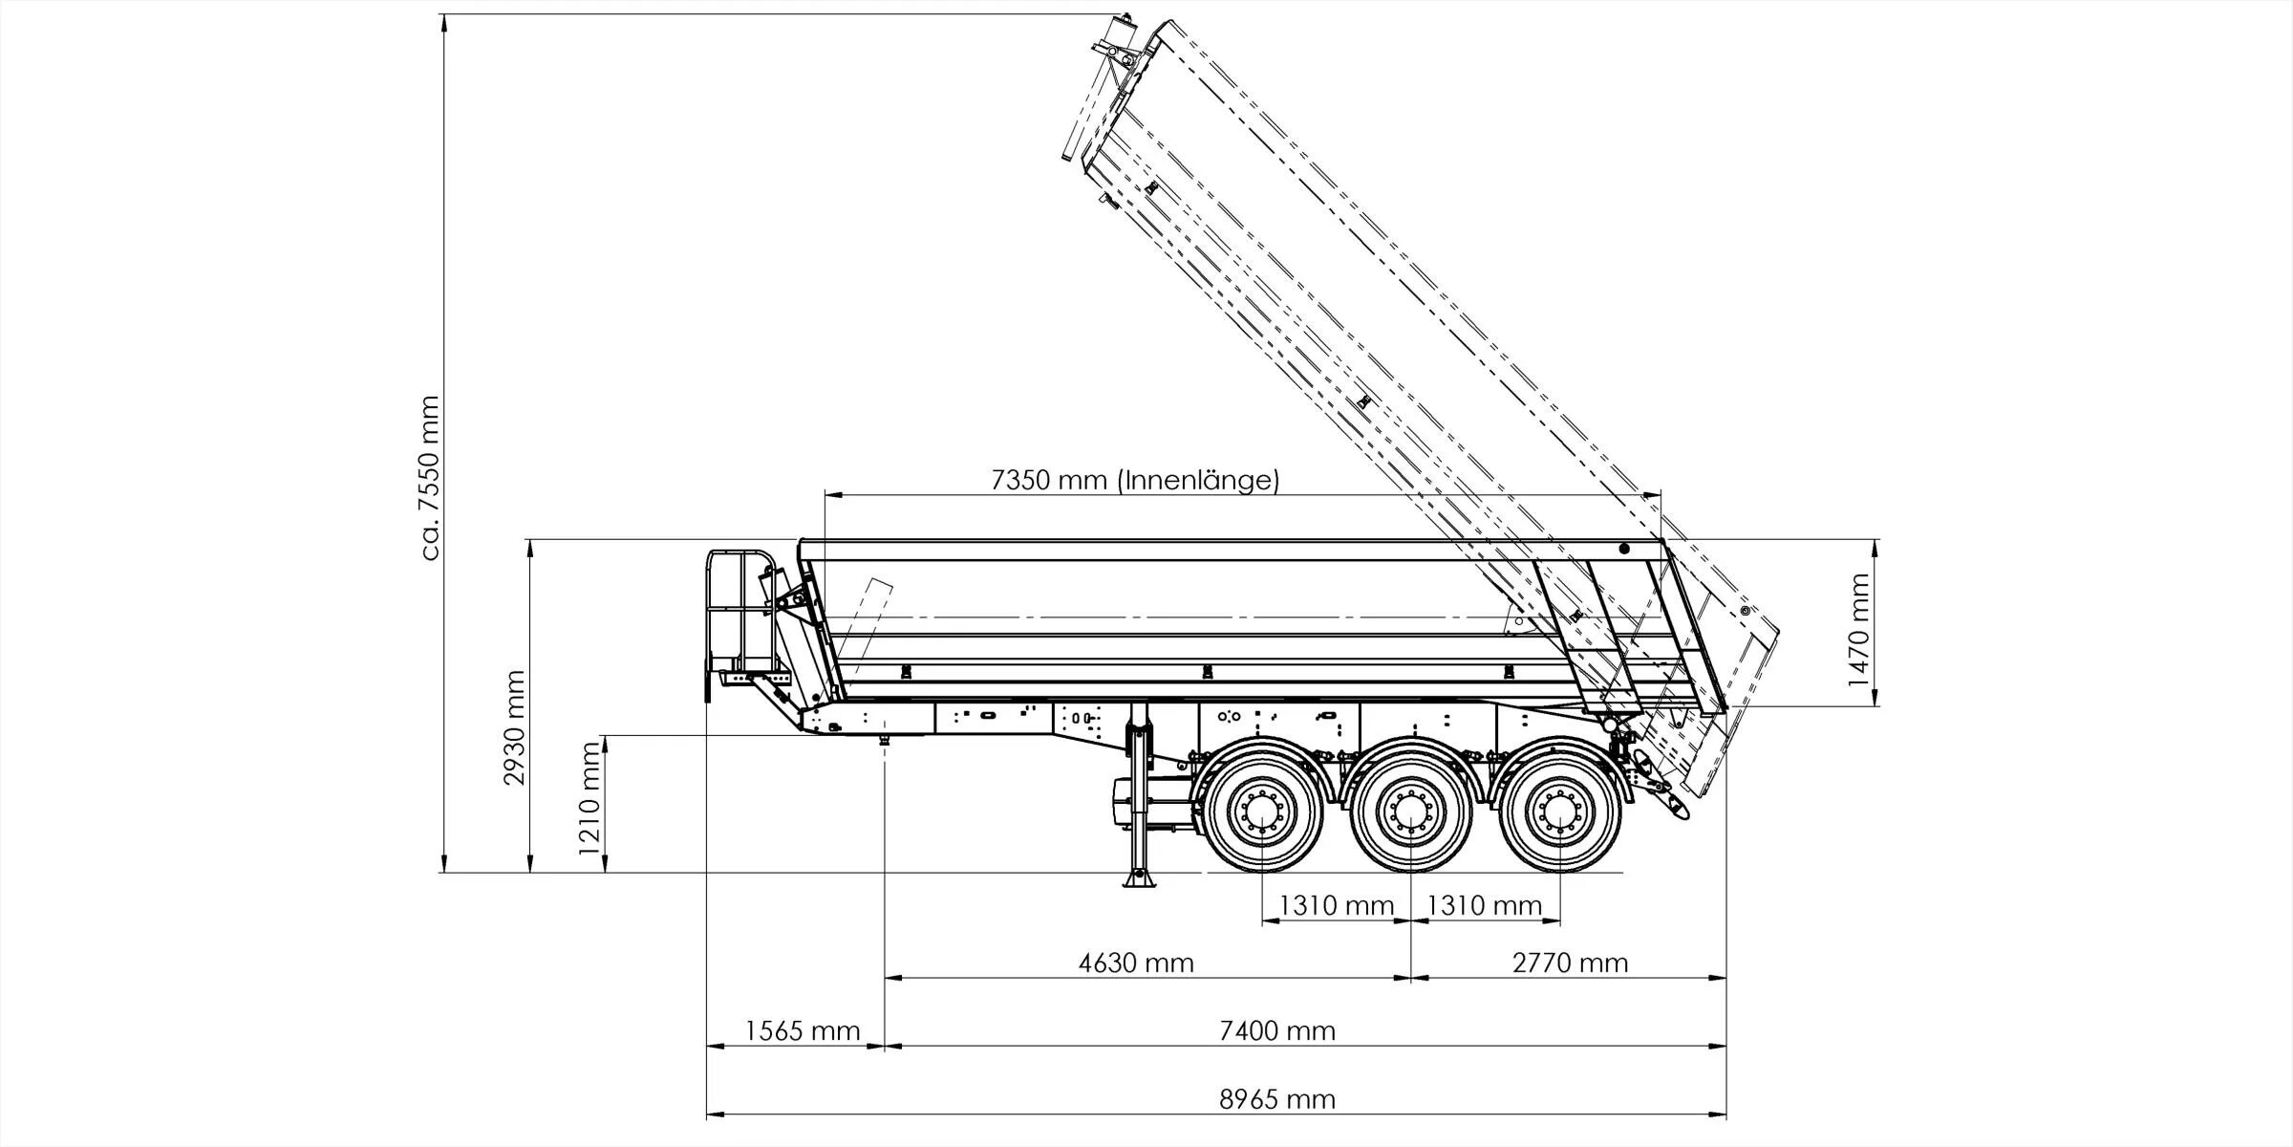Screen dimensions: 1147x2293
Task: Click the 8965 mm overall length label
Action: point(1276,1099)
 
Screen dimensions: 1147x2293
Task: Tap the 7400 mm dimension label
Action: point(1276,1031)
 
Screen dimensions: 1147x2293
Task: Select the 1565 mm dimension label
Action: point(803,1031)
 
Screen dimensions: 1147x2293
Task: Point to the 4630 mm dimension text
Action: point(1136,963)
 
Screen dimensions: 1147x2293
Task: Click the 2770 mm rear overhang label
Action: point(1570,963)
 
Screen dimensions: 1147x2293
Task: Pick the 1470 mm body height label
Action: point(1858,630)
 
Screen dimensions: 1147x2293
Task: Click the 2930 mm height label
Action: point(515,727)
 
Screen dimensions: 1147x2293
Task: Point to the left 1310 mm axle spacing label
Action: point(1337,905)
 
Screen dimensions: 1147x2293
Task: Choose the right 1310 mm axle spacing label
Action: point(1484,905)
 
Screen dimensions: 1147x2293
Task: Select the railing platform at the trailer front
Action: point(739,612)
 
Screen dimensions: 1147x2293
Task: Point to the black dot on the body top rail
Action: point(1623,549)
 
